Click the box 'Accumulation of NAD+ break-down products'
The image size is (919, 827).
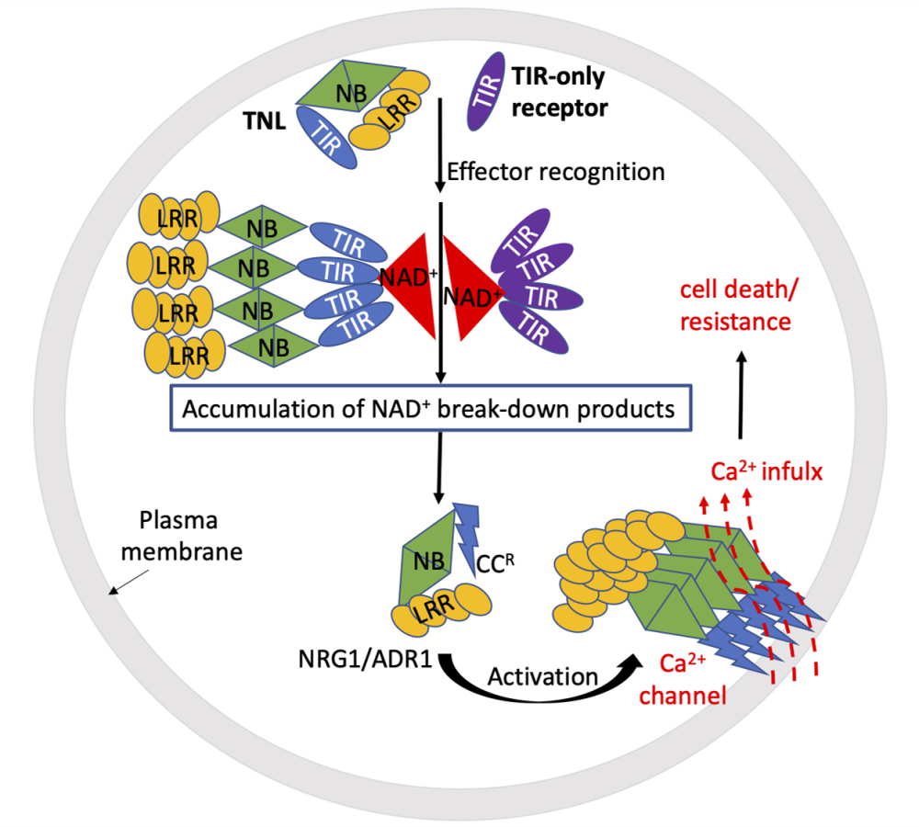coord(428,409)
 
